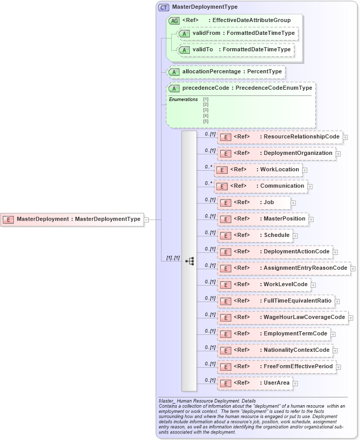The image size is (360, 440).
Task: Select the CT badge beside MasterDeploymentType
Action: pos(164,8)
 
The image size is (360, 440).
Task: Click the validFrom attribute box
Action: pos(237,33)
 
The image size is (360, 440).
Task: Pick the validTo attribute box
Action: pos(235,50)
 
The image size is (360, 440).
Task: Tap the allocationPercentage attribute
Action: pos(226,72)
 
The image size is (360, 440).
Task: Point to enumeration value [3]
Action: pos(206,110)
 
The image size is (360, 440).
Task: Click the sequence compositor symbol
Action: pos(189,261)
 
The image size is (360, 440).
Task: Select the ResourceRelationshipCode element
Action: pos(281,137)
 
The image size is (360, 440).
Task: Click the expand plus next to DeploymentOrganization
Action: pos(338,153)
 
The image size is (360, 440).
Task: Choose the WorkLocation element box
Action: pos(258,170)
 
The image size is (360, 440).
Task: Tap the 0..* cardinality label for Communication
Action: pos(208,183)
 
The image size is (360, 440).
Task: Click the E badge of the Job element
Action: pos(225,203)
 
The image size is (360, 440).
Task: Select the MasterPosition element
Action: pos(263,219)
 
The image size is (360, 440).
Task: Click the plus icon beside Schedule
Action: pos(295,236)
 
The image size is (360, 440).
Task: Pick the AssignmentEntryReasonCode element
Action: pos(284,268)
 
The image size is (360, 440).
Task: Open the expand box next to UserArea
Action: pos(295,383)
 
